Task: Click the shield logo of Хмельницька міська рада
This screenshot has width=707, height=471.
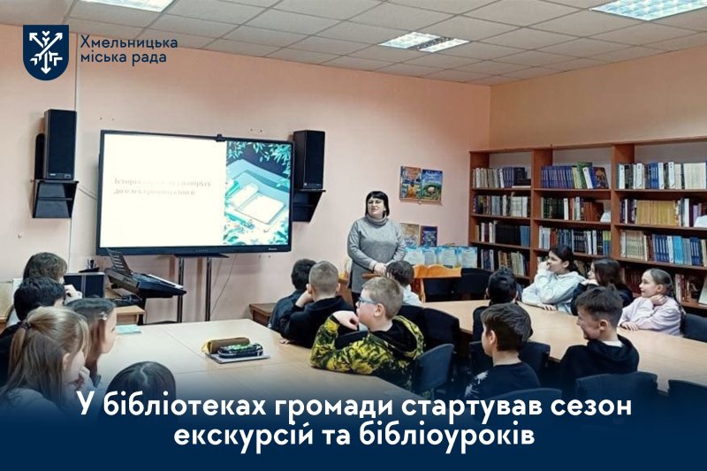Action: coord(45,52)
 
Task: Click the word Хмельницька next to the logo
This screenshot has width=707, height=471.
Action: coord(128,42)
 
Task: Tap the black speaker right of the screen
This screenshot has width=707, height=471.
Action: coord(308,160)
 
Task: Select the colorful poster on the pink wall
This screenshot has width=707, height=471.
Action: coord(420,184)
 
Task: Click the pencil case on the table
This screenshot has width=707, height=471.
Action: coord(226,345)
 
